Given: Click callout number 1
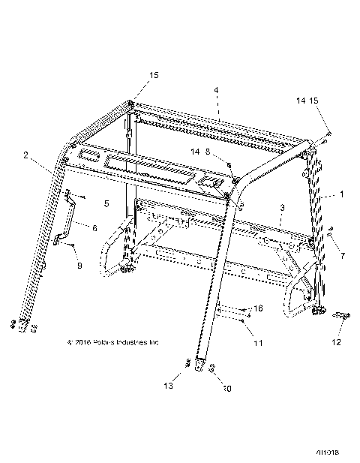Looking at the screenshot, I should pos(343,194).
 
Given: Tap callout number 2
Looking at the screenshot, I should pos(27,156).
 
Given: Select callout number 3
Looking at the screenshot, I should pos(281,207).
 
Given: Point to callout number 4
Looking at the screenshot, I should pos(217,91).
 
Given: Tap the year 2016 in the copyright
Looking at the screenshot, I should pos(79,343).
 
